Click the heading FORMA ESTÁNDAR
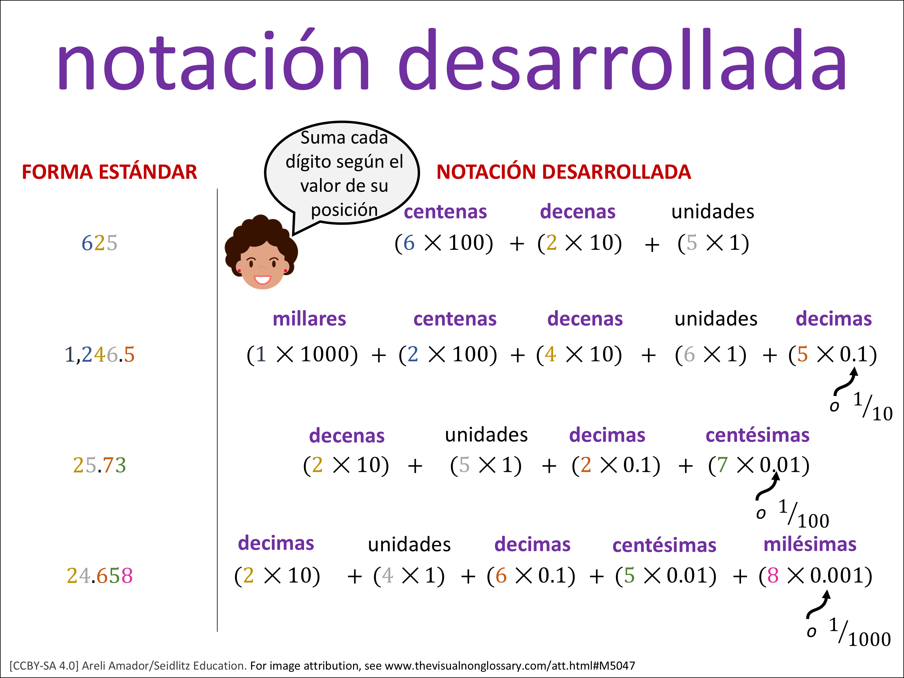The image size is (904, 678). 109,172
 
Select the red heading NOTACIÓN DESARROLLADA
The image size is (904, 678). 563,172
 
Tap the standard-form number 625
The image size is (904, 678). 99,243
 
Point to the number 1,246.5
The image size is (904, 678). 99,354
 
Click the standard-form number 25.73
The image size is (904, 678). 99,465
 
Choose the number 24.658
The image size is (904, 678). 100,576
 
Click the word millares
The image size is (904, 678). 309,319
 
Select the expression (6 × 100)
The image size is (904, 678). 444,243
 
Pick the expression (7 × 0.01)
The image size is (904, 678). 759,465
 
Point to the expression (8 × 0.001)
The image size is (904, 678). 816,576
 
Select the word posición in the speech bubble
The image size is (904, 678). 344,210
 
